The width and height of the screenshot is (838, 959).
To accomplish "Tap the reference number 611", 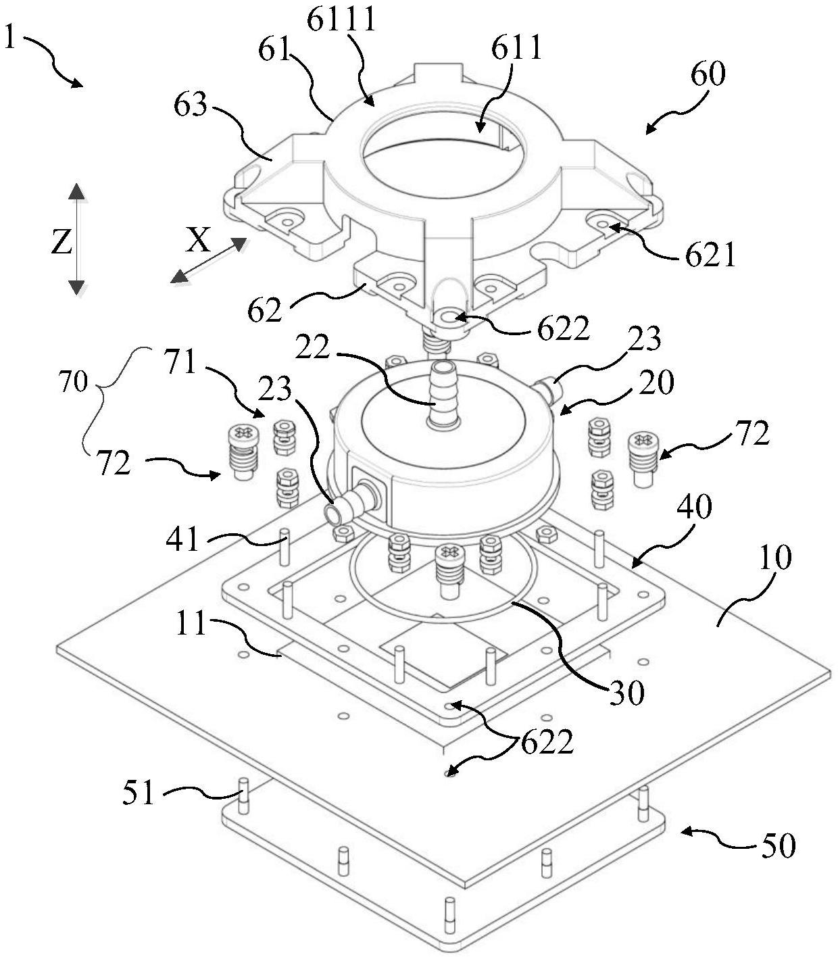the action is (x=516, y=48).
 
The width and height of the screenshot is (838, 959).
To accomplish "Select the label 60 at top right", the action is (x=708, y=74).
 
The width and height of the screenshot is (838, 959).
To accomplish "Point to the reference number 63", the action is (x=190, y=105).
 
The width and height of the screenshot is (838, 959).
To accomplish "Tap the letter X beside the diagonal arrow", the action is (x=198, y=240).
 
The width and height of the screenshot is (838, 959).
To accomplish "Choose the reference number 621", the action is (x=710, y=256).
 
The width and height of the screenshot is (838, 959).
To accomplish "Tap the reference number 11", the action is (x=191, y=624).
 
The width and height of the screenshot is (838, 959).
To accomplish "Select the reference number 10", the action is (x=775, y=558).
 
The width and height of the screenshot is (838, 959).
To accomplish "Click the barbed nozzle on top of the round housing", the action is (x=443, y=395).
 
